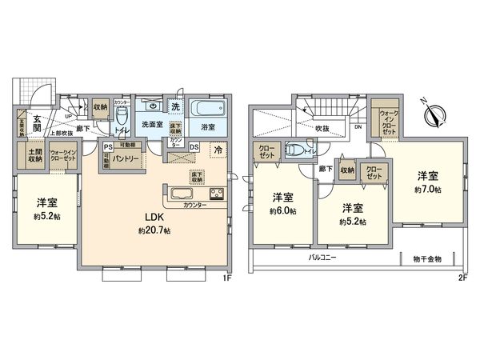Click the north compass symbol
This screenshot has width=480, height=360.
tap(435, 118)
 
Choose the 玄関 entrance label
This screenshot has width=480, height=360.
tap(36, 121)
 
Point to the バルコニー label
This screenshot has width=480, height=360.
tap(324, 259)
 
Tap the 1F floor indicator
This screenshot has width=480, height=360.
tap(226, 278)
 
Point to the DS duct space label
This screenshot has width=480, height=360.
tap(194, 146)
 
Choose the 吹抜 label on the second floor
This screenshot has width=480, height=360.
tap(322, 126)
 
